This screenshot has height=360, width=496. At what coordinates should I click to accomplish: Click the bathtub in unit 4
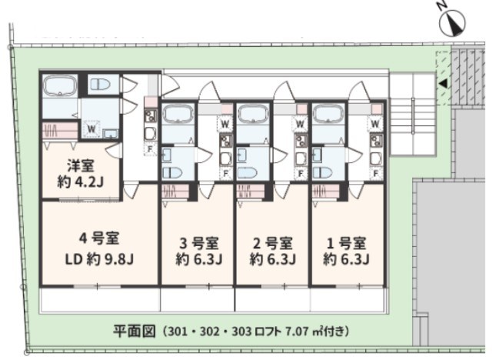[x=58, y=85]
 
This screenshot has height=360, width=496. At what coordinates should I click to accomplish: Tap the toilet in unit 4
[x=100, y=84]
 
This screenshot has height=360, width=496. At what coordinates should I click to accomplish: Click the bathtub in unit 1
[x=329, y=115]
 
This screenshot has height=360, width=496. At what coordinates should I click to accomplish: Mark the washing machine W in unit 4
[x=91, y=129]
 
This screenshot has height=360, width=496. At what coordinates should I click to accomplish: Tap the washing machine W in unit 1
[x=375, y=123]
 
